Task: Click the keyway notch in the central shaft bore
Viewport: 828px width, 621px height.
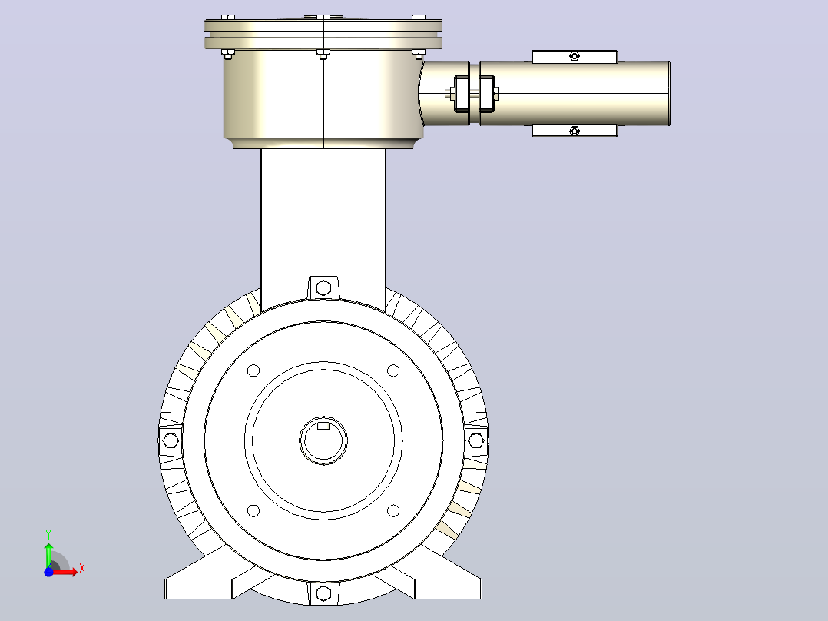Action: coord(323,426)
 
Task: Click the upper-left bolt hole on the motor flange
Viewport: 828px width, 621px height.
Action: coord(253,370)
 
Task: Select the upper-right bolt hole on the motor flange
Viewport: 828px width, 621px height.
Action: coord(393,370)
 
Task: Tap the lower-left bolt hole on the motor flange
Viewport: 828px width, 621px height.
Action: coord(253,510)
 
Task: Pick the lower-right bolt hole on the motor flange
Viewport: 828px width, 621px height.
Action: coord(393,510)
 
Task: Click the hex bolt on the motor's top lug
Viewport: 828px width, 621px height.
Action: coord(323,288)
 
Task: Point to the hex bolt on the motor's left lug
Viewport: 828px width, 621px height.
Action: coord(171,440)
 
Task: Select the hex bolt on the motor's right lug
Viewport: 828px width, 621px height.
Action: coord(475,440)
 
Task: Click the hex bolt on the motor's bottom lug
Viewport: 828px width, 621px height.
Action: coord(323,593)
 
